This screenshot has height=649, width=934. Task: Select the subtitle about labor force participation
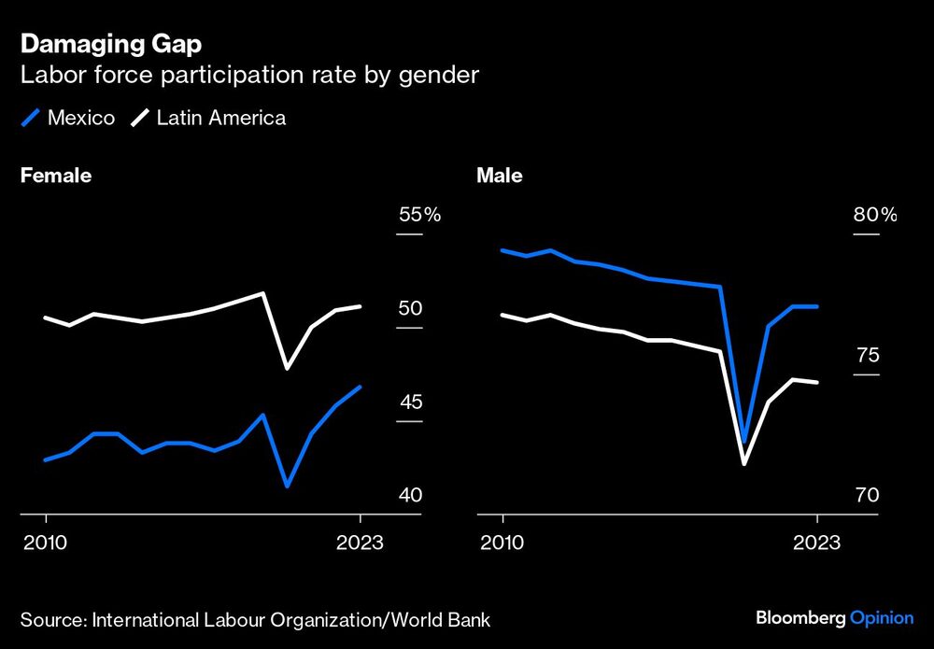tap(249, 76)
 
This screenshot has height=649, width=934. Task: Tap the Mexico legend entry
tap(70, 118)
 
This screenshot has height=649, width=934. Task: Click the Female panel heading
tap(56, 176)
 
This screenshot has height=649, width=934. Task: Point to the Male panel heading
tap(500, 176)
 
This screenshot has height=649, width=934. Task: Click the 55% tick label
tap(419, 215)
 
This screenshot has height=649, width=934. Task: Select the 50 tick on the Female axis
tap(411, 308)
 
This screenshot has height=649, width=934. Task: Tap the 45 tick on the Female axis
tap(411, 402)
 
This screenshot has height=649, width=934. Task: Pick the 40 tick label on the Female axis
tap(411, 495)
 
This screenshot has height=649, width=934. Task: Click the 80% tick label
tap(874, 215)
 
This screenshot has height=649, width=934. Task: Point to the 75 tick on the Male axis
tap(868, 356)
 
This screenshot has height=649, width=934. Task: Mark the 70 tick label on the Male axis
tap(868, 495)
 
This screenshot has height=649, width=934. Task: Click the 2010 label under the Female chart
tap(45, 543)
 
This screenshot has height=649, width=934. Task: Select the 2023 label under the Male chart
tap(816, 543)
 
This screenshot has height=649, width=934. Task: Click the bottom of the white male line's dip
tap(744, 463)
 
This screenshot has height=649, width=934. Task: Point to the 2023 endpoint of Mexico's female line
tap(361, 387)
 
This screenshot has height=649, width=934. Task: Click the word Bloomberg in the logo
tap(800, 618)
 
